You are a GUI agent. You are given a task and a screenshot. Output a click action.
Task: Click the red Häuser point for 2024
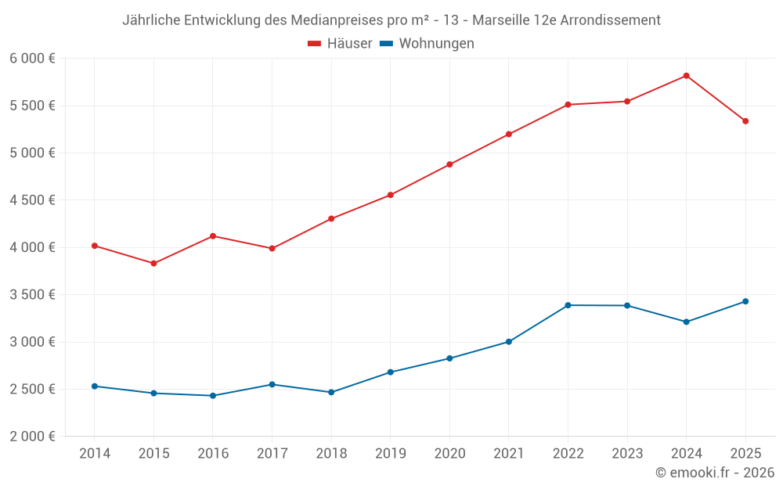point(686,76)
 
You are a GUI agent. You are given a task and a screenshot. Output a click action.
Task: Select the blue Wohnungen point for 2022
point(568,305)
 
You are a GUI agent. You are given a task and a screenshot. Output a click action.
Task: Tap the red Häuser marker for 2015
point(153,264)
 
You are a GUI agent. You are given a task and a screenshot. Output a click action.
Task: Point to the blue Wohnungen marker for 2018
point(331,392)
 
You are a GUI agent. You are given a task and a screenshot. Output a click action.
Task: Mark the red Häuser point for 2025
point(745,121)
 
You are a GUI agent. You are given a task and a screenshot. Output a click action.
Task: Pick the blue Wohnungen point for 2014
point(95,386)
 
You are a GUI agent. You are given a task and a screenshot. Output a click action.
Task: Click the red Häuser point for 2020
point(449,164)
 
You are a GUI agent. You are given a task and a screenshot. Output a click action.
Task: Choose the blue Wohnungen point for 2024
point(686,322)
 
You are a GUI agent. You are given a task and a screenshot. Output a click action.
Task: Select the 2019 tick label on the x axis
point(390,453)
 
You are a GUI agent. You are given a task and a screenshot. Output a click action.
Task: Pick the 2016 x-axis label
point(213,453)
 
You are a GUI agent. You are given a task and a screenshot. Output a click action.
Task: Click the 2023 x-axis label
point(626,453)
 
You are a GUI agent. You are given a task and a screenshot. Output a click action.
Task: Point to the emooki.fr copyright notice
point(715,473)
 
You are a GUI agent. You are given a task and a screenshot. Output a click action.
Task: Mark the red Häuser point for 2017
point(272,249)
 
